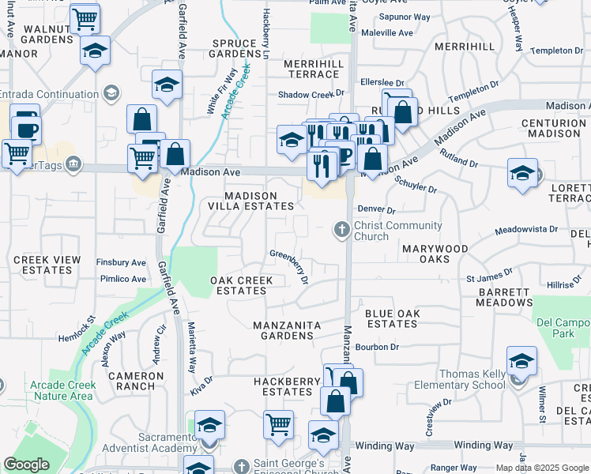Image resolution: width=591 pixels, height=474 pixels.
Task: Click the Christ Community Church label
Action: click(371, 231)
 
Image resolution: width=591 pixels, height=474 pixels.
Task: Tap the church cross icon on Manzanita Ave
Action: click(342, 230)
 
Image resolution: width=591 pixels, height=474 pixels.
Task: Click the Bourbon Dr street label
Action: click(377, 347)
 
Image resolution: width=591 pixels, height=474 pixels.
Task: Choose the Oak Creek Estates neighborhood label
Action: click(242, 285)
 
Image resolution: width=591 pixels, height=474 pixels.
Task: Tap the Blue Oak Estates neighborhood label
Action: click(391, 318)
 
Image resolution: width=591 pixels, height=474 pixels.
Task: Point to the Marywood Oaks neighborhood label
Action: click(435, 254)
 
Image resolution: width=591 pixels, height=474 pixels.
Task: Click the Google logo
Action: click(26, 465)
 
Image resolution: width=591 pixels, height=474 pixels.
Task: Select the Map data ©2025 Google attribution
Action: click(542, 468)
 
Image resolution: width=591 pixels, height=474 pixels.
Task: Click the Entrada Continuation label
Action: click(54, 92)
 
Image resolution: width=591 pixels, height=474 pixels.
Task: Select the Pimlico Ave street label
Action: click(123, 279)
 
